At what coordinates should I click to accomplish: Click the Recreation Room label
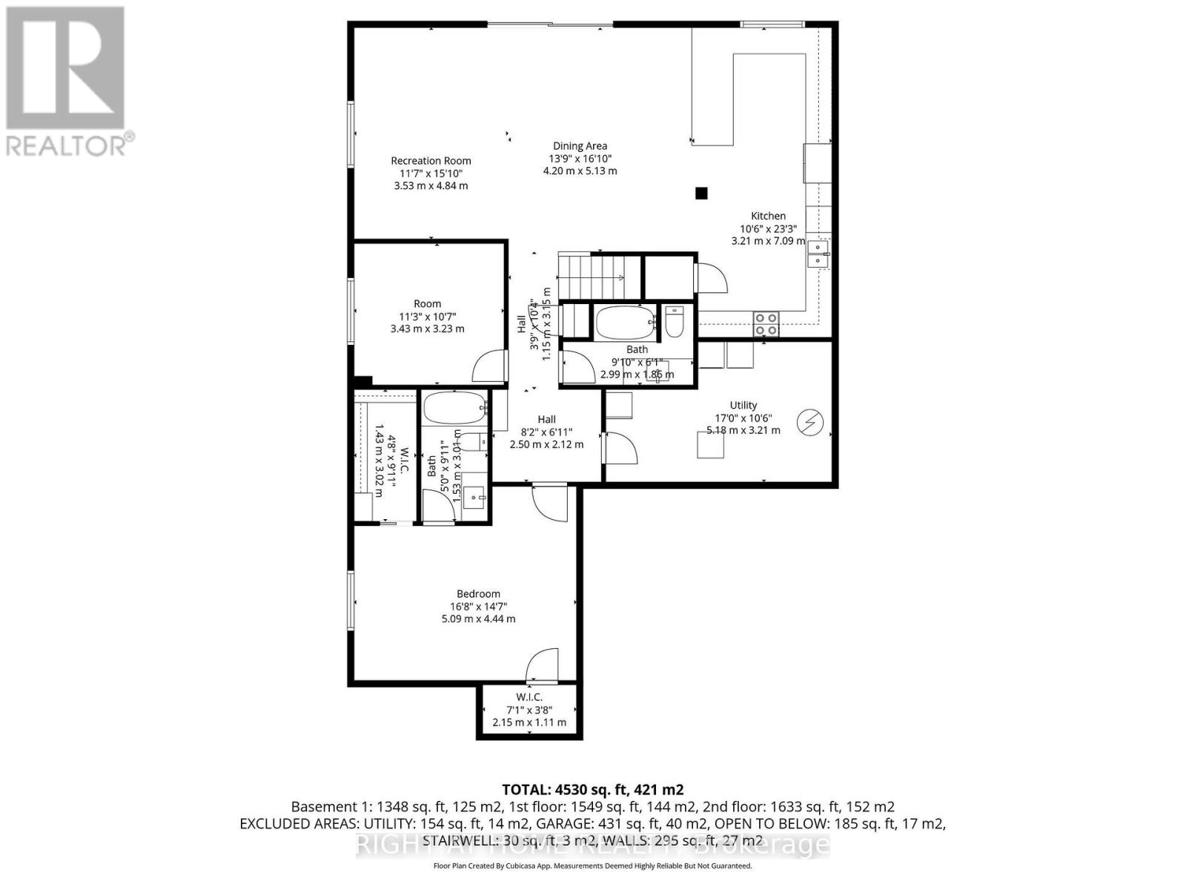click(431, 160)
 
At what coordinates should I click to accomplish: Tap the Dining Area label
click(580, 146)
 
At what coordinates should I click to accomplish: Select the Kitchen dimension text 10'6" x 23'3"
click(768, 228)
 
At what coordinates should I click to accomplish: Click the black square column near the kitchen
click(701, 194)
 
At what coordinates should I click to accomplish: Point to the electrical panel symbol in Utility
click(809, 423)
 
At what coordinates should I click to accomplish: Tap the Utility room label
click(743, 405)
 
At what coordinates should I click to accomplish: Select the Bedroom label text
click(478, 593)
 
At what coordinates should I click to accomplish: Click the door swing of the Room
click(489, 367)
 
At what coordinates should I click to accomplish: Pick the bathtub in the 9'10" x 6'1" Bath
click(626, 322)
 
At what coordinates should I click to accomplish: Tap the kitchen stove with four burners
click(766, 324)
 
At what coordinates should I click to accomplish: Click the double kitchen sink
click(818, 254)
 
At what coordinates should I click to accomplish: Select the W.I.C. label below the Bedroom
click(529, 697)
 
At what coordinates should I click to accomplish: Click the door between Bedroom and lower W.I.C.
click(542, 667)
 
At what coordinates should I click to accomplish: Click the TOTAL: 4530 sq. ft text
click(592, 789)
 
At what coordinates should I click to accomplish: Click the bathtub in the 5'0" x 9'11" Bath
click(454, 408)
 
